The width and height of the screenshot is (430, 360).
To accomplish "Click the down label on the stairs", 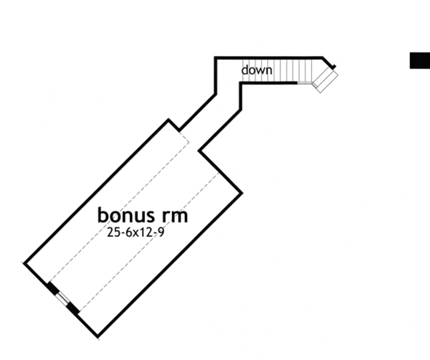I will pyautogui.click(x=256, y=70).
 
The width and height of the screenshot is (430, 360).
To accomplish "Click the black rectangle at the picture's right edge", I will pyautogui.click(x=420, y=60).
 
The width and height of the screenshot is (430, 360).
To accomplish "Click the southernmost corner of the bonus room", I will pyautogui.click(x=97, y=335).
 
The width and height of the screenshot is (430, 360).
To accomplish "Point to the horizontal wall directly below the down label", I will pyautogui.click(x=269, y=82).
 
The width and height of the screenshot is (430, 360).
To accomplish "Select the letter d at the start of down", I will pyautogui.click(x=244, y=70).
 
